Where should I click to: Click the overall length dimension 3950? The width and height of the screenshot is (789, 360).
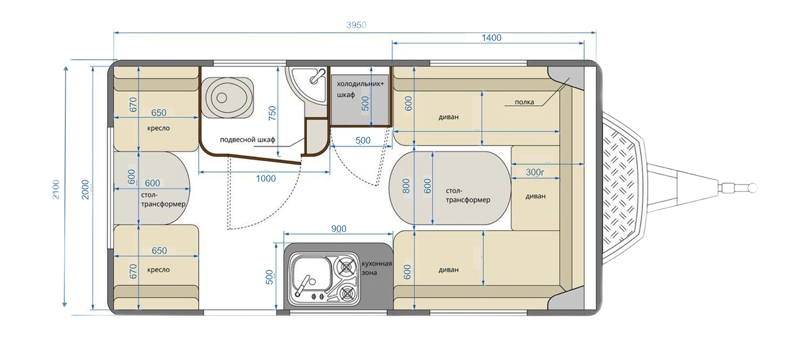pyautogui.click(x=356, y=25)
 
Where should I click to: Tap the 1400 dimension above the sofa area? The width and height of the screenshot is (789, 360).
pyautogui.click(x=491, y=38)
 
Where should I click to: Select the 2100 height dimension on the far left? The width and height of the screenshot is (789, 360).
pyautogui.click(x=56, y=189)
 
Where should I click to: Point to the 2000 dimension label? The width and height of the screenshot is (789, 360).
pyautogui.click(x=85, y=189)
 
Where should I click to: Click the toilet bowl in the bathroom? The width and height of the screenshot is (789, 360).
pyautogui.click(x=227, y=97)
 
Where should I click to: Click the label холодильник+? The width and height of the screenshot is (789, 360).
pyautogui.click(x=360, y=84)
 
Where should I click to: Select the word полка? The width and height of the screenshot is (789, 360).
pyautogui.click(x=524, y=102)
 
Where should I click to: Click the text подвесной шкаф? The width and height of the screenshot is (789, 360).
pyautogui.click(x=247, y=140)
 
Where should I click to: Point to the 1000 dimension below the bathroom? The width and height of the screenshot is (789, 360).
pyautogui.click(x=265, y=178)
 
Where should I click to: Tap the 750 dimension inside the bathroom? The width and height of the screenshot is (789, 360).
pyautogui.click(x=272, y=113)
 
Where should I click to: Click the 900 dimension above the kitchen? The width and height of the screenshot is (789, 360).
pyautogui.click(x=339, y=229)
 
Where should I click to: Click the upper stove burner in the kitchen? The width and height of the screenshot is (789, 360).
pyautogui.click(x=346, y=268)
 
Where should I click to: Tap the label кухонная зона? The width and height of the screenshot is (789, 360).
pyautogui.click(x=377, y=268)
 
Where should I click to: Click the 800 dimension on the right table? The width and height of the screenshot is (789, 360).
pyautogui.click(x=406, y=186)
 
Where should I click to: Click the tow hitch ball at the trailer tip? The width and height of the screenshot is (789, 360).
pyautogui.click(x=752, y=188)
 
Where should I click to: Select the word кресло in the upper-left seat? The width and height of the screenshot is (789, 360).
pyautogui.click(x=158, y=128)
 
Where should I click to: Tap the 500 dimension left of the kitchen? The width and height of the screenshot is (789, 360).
pyautogui.click(x=269, y=277)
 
